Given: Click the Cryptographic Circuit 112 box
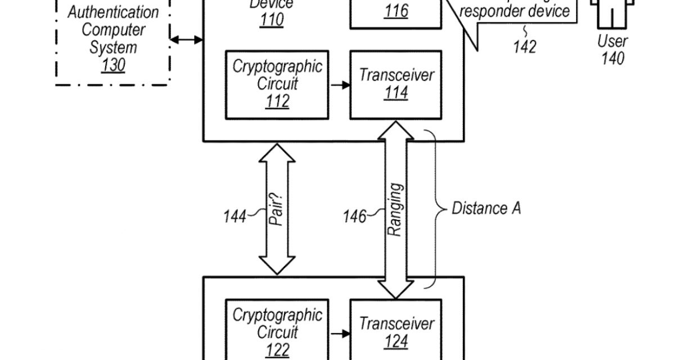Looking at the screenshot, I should [x=277, y=84].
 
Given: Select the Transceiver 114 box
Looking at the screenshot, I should [x=396, y=84].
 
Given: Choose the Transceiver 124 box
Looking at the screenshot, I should [x=396, y=332].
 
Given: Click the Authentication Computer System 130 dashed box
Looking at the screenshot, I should [x=112, y=42].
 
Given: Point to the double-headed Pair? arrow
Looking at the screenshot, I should [x=277, y=209].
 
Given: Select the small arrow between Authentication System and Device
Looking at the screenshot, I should [x=186, y=39].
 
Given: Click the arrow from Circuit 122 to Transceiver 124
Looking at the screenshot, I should [x=339, y=334].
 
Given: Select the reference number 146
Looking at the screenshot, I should [x=355, y=215].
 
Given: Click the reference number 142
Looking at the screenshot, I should [x=524, y=47].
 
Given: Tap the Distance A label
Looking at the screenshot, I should [x=487, y=208].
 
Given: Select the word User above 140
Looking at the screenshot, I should [x=613, y=40].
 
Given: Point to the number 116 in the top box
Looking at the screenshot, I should [x=397, y=11].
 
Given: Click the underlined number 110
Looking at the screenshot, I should [x=272, y=21].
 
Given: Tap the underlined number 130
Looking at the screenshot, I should [x=113, y=65].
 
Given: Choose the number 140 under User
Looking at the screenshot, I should [x=613, y=58].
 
